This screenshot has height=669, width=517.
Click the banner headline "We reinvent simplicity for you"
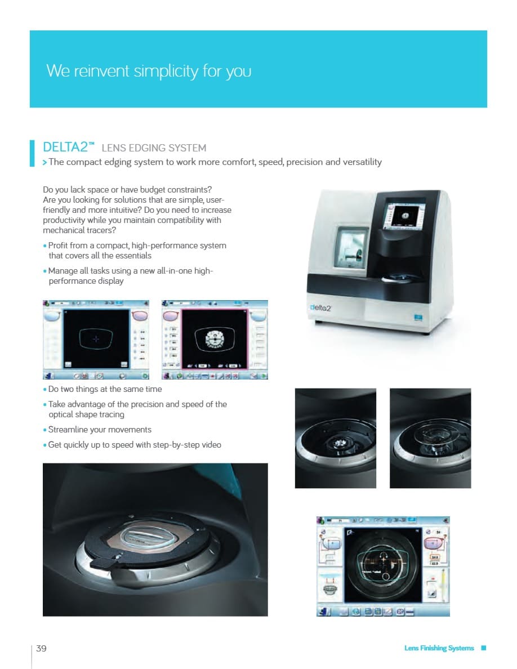(149, 72)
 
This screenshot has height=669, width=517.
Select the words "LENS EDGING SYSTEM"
(154, 148)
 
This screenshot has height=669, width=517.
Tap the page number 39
(41, 648)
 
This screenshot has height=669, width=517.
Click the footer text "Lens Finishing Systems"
(439, 648)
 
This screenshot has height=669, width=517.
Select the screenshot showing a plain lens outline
(96, 340)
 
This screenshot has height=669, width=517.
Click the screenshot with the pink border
(215, 340)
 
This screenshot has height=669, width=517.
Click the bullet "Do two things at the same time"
(105, 389)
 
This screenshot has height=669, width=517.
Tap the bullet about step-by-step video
(134, 445)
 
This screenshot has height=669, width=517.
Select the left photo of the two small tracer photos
(335, 438)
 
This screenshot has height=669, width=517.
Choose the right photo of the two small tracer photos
(430, 438)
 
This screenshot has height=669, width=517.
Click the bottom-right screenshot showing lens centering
(383, 565)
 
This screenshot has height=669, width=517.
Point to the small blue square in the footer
(483, 648)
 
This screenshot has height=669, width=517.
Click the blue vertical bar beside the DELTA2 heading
(32, 153)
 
